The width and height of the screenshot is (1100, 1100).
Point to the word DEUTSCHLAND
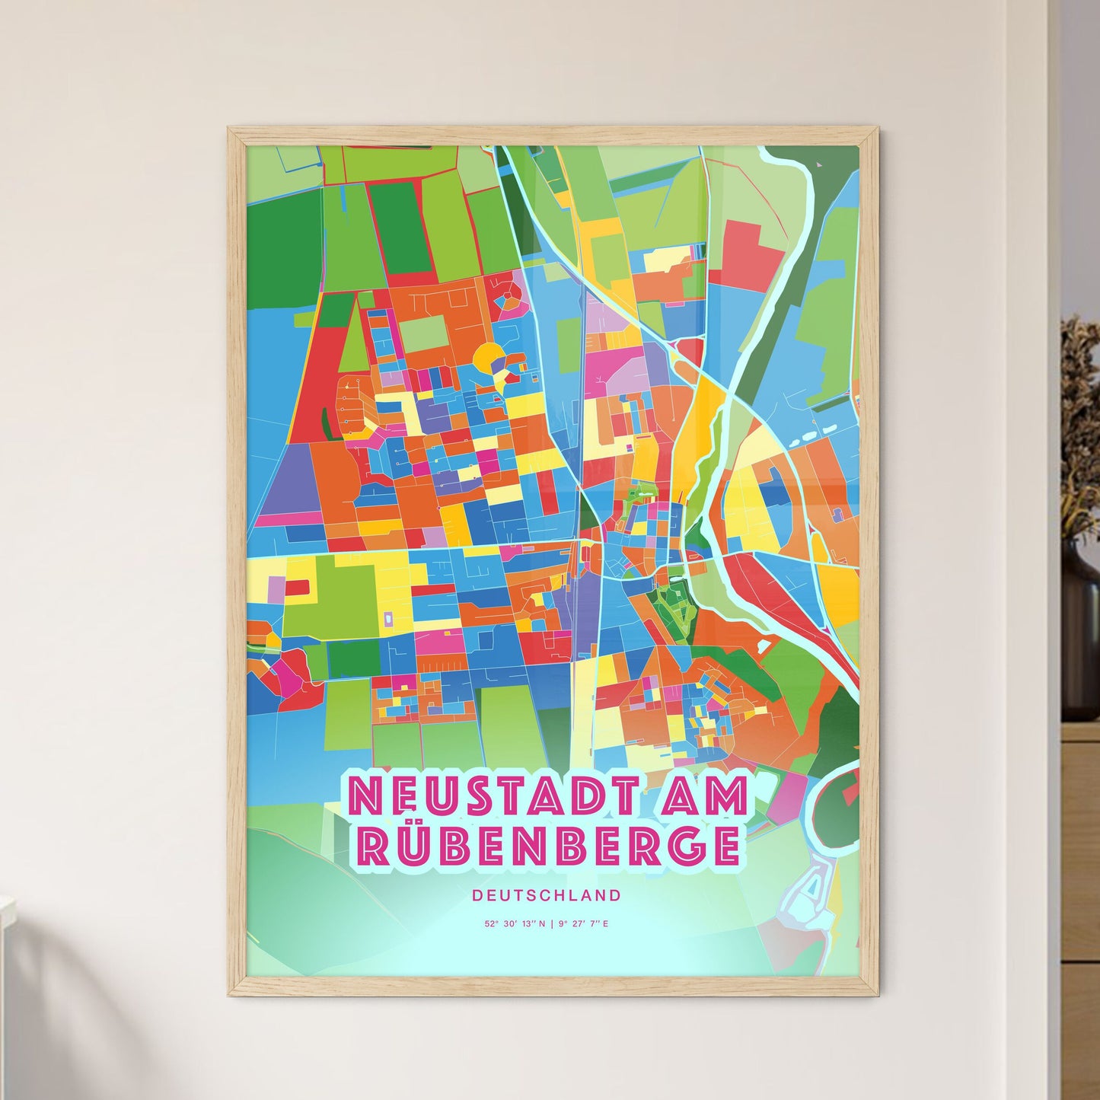546,895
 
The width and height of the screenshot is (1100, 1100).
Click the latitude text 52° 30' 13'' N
515,924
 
